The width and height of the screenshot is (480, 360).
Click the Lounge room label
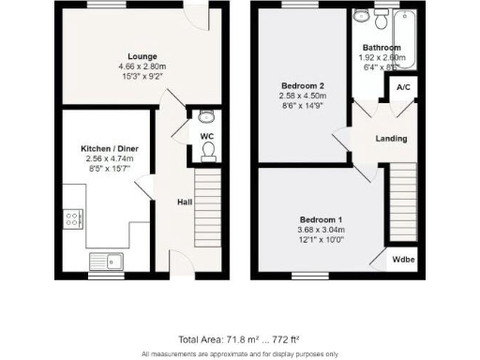(x=142, y=56)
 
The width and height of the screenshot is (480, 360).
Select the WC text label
(x=207, y=137)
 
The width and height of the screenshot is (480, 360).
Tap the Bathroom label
(x=382, y=48)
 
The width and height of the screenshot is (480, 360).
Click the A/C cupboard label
(x=403, y=89)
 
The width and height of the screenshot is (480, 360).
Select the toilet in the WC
(x=208, y=151)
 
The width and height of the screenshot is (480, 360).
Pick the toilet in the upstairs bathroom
(x=382, y=20)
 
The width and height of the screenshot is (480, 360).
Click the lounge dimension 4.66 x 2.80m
(x=142, y=67)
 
